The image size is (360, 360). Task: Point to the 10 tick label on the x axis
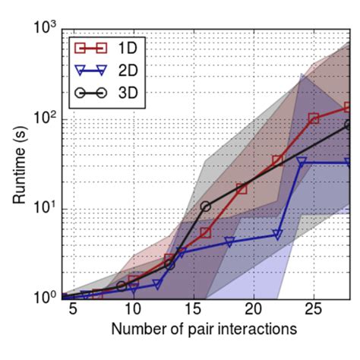(x=132, y=311)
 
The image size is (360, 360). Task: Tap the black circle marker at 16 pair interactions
(x=205, y=206)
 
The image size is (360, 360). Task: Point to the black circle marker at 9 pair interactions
(x=121, y=286)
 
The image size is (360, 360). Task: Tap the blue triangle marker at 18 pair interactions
(x=229, y=242)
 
